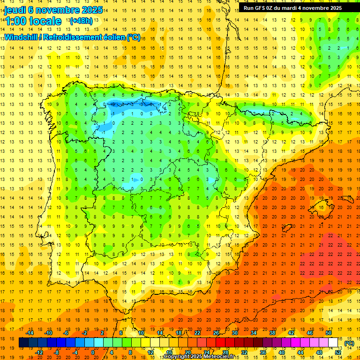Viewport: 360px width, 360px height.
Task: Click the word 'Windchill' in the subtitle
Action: (21, 37)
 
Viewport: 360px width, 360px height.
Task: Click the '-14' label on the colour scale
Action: (30, 333)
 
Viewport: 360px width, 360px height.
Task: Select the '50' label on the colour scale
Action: (329, 333)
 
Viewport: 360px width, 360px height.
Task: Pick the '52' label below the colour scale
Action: (338, 352)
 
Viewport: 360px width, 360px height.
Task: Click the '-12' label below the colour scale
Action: (40, 352)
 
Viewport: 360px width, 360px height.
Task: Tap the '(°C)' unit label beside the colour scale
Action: (349, 343)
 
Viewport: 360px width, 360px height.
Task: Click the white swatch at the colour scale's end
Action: (333, 343)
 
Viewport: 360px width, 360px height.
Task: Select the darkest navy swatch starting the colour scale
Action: (23, 343)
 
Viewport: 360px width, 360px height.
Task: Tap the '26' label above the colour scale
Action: (216, 333)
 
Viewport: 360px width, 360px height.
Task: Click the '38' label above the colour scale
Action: (272, 333)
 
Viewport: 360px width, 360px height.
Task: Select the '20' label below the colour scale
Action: (187, 352)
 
